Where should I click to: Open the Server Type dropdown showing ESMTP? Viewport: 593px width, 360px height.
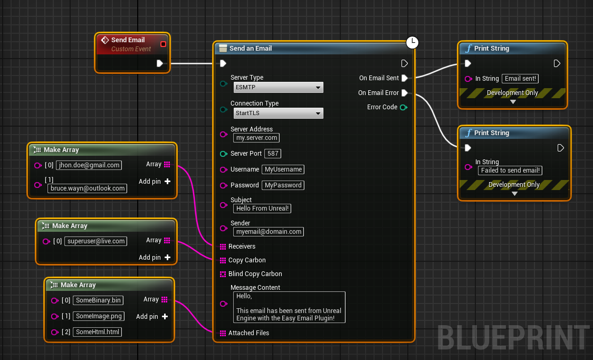279,88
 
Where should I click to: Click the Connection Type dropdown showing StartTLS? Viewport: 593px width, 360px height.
279,113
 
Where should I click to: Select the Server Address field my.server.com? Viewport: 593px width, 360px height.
256,138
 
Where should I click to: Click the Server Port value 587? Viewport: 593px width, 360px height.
273,154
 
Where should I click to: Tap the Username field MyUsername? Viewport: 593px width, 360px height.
283,169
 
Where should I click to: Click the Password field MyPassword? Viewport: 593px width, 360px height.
283,185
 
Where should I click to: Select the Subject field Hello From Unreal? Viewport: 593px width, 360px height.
262,209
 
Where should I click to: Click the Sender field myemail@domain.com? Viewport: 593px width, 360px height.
269,232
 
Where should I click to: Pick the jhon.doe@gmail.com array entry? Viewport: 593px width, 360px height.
89,165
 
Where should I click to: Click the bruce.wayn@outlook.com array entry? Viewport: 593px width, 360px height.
88,188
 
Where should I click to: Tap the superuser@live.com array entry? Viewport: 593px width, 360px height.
95,241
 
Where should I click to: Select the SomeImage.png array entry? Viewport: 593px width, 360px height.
99,316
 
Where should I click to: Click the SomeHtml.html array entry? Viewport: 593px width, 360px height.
98,332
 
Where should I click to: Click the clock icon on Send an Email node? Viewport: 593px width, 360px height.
412,42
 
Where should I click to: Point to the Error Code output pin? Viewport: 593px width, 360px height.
404,108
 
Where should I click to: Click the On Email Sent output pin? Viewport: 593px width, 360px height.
404,78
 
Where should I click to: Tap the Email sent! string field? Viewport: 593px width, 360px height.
520,79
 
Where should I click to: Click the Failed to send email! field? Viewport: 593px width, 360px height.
510,170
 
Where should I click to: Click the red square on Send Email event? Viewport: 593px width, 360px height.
163,44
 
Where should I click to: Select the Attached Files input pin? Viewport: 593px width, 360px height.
223,333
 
